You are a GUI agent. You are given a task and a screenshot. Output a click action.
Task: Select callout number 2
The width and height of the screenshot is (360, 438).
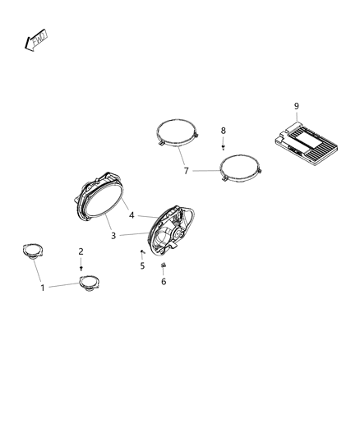click(81, 251)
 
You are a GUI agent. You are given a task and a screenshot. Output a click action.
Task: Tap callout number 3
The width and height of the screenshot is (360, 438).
click(113, 235)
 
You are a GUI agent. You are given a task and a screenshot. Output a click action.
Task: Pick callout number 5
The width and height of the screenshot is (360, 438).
click(141, 265)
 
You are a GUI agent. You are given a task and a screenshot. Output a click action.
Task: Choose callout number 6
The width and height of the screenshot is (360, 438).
click(163, 281)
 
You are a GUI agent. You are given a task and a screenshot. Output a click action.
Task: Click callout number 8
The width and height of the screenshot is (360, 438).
click(223, 130)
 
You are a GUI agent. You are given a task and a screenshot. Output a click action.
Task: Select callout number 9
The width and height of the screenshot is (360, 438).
click(297, 105)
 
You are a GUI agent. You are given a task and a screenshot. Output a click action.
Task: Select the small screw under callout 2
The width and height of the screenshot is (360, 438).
click(81, 267)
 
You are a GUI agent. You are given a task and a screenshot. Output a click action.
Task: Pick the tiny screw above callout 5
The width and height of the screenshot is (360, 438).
click(143, 251)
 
